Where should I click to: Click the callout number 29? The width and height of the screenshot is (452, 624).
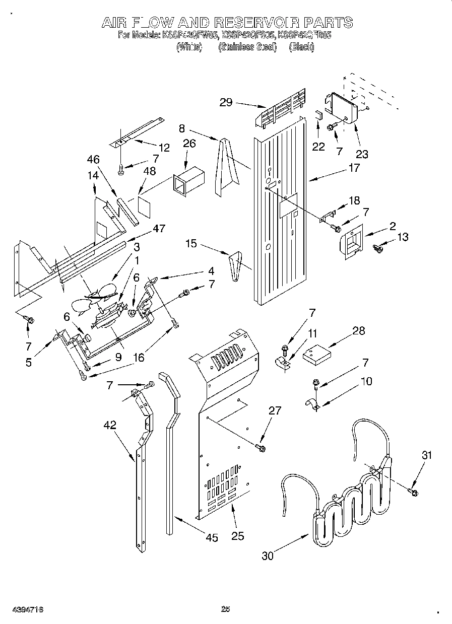click(226, 102)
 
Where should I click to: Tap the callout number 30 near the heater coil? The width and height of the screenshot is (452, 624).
click(268, 556)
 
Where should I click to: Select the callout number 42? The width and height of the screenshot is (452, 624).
click(110, 425)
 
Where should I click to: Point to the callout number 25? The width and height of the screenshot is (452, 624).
click(237, 536)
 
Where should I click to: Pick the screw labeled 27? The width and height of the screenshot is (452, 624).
click(261, 446)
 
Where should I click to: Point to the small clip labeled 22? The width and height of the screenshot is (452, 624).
click(318, 113)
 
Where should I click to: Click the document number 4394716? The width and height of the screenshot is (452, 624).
click(22, 609)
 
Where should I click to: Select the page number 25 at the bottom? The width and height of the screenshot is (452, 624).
click(226, 609)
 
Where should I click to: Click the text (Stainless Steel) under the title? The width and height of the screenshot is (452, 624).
click(247, 47)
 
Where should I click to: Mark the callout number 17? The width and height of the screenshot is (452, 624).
click(354, 168)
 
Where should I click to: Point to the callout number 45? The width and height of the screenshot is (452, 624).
click(212, 538)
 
